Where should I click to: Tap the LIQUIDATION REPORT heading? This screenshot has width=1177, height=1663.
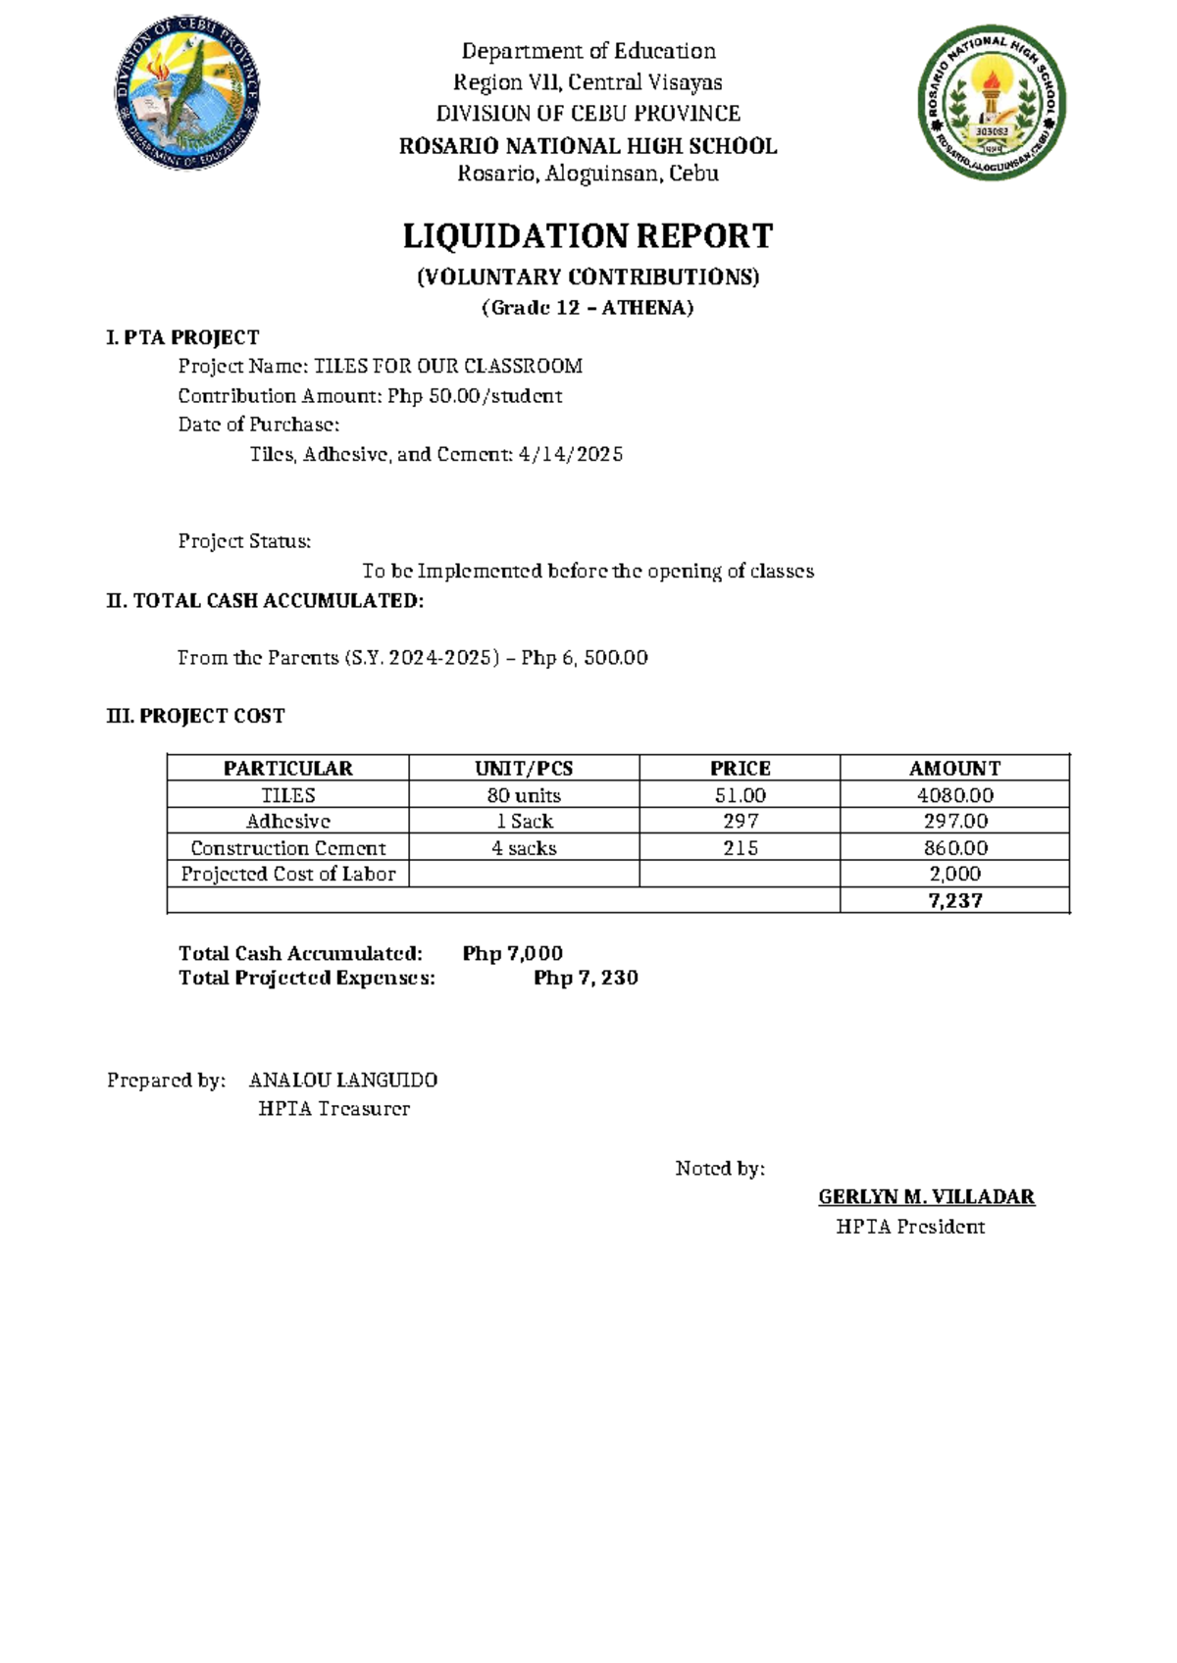pos(588,236)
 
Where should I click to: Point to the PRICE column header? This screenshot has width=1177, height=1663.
pos(740,769)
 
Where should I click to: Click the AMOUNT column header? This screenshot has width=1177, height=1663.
pos(954,769)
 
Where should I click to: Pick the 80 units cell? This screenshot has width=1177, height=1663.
pos(524,795)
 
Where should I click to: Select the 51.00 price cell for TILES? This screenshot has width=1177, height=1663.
pos(740,795)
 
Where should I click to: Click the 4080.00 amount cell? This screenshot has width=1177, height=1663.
pos(954,795)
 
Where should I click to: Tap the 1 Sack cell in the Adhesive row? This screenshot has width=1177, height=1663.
pos(524,822)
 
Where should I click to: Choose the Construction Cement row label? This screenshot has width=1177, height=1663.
pos(287,848)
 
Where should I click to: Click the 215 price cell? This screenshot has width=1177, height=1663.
pos(740,848)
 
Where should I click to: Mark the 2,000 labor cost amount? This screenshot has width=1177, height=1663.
pos(954,874)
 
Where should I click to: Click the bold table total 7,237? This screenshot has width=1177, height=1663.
pos(954,901)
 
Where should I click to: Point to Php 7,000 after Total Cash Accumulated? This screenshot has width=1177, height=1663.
pos(512,953)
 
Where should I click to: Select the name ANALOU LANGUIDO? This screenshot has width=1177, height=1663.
pos(342,1081)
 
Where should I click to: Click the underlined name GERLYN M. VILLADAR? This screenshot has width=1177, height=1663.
pos(926,1197)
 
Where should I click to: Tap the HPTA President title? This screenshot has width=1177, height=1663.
pos(909,1227)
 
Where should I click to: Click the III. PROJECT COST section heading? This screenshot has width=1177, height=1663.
pos(195,716)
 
